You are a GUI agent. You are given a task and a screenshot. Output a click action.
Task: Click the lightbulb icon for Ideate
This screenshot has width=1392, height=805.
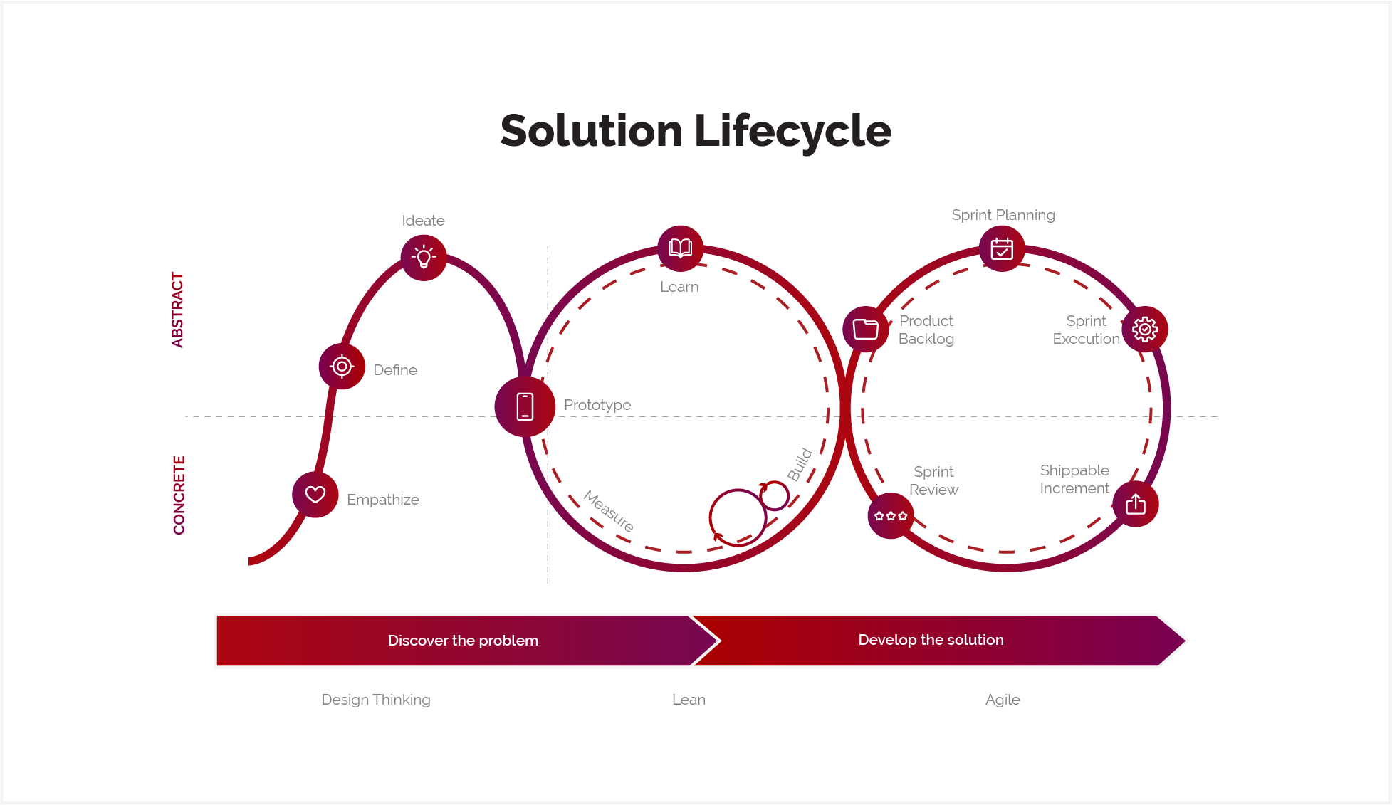[x=424, y=257]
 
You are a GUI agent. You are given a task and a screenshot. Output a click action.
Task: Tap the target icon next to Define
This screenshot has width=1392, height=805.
[x=342, y=366]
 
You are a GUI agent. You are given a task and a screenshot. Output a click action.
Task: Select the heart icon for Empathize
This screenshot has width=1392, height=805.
[x=315, y=494]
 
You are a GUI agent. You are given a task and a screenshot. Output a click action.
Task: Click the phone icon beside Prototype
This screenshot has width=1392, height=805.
[x=525, y=406]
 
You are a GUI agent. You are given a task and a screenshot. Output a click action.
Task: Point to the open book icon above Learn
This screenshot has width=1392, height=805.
[x=680, y=248]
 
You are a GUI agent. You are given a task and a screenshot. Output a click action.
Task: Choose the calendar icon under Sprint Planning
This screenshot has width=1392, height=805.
[x=1002, y=249]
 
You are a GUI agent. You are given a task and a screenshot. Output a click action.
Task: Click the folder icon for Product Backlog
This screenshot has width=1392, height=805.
[x=865, y=329]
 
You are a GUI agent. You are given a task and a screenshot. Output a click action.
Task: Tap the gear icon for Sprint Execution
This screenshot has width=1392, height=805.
[x=1144, y=329]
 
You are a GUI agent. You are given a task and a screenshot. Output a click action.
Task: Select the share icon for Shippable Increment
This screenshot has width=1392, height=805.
[x=1136, y=504]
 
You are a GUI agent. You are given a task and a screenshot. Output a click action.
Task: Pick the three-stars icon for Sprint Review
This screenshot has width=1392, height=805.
[x=891, y=515]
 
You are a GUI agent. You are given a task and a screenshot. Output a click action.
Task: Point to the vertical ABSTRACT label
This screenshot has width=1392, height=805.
[x=177, y=310]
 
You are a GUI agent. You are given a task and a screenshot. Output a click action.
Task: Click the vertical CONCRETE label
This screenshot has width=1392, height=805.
[x=179, y=495]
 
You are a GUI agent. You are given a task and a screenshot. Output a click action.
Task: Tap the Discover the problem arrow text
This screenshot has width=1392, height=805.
[x=463, y=641]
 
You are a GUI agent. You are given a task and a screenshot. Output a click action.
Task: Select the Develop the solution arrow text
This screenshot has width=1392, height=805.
[x=931, y=640]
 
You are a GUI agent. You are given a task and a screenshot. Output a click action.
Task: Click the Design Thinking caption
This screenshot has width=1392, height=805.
[x=376, y=700]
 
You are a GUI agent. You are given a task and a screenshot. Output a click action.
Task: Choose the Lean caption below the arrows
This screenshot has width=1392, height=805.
[x=689, y=700]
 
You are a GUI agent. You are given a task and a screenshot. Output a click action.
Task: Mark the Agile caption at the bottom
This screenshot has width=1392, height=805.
[x=1003, y=700]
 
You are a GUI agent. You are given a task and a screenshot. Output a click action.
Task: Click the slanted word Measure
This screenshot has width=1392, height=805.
[x=609, y=510]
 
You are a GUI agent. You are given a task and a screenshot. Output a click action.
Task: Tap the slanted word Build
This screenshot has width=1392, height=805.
[x=800, y=464]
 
